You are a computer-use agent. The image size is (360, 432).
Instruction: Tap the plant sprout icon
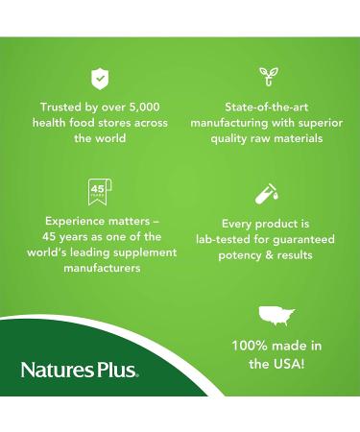pyautogui.click(x=267, y=77)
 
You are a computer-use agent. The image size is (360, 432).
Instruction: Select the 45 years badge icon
pyautogui.click(x=97, y=191)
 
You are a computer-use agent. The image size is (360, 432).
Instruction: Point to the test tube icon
pyautogui.click(x=267, y=192)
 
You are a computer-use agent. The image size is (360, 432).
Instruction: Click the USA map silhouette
pyautogui.click(x=276, y=316)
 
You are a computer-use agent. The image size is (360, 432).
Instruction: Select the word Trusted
pyautogui.click(x=62, y=108)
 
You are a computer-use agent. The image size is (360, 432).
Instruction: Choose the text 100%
pyautogui.click(x=249, y=346)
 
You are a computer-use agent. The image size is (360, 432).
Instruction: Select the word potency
pyautogui.click(x=228, y=253)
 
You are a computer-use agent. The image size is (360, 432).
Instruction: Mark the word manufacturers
pyautogui.click(x=98, y=268)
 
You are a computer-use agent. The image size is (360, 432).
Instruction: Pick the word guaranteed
pyautogui.click(x=301, y=238)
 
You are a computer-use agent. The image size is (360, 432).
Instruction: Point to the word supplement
pyautogui.click(x=145, y=252)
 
